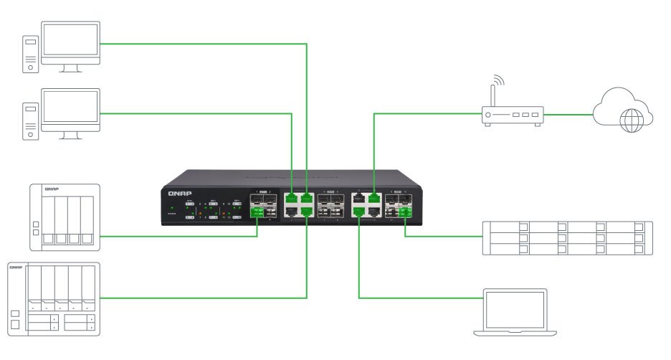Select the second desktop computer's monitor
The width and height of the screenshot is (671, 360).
(70, 110)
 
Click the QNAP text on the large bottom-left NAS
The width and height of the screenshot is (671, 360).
(16, 267)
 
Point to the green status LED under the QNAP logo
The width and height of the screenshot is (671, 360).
(172, 209)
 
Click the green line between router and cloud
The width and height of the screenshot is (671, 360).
(568, 113)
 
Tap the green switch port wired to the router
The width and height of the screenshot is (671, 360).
(373, 198)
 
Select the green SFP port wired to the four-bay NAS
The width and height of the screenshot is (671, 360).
(257, 212)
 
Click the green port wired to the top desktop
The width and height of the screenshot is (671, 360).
(307, 198)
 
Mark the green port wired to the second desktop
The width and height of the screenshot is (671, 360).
(291, 198)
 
